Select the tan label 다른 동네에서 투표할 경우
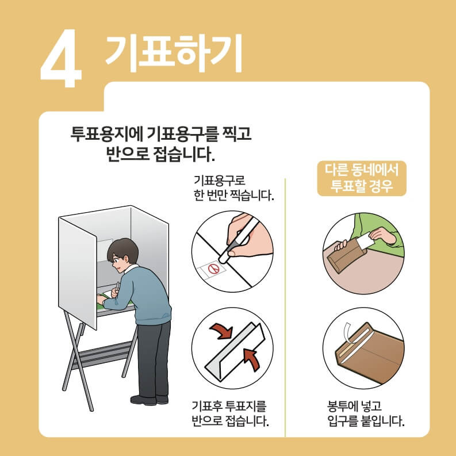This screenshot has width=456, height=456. click(362, 178)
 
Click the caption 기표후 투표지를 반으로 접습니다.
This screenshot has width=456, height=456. click(231, 416)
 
